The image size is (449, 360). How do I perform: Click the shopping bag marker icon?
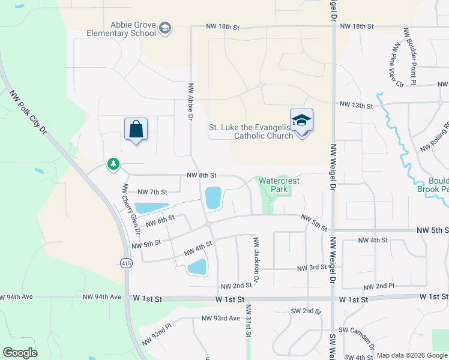[x=136, y=129]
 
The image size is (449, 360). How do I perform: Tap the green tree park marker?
[x=113, y=164]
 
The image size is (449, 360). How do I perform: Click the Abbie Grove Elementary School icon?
[x=165, y=28]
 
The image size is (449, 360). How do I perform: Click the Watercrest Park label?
[x=279, y=185]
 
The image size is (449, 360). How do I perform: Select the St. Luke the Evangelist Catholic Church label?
[x=251, y=131]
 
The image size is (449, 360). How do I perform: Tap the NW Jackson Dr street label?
[x=256, y=260]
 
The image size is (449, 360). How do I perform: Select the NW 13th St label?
[x=356, y=105]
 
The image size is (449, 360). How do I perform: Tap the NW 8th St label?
[x=201, y=175]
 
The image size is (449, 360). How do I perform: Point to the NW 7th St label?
[x=152, y=192]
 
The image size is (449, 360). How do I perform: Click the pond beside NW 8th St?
[x=213, y=198]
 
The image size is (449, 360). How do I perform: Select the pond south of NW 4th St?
[x=197, y=267]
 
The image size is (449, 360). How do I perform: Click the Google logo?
[x=20, y=353]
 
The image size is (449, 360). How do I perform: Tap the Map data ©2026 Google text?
[x=411, y=355]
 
